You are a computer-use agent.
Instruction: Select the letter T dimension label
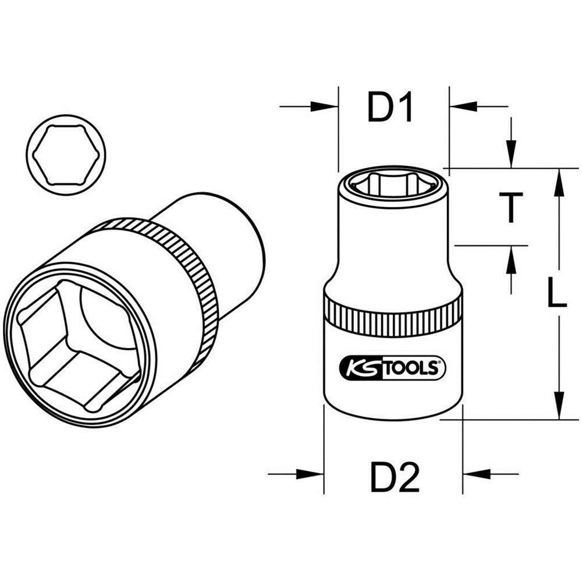[x=510, y=208]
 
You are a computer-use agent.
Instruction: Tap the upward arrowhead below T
[x=510, y=259]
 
